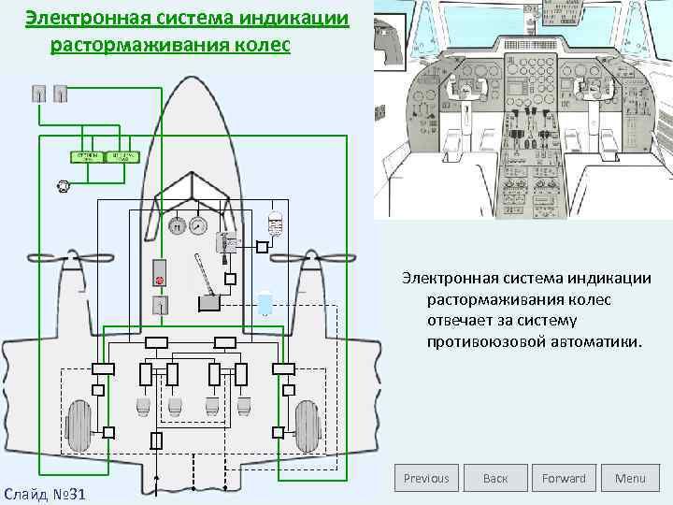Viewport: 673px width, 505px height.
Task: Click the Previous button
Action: coord(426,478)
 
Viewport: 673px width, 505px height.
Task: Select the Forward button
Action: coord(564,478)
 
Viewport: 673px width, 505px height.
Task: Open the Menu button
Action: coord(630,478)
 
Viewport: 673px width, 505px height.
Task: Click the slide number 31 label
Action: coord(44,492)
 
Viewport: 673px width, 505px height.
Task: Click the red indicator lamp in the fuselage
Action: coord(160,280)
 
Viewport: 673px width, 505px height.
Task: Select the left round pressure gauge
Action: coord(175,225)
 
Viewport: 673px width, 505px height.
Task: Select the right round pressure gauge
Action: coord(197,225)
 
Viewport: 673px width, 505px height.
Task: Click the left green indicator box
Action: coord(89,156)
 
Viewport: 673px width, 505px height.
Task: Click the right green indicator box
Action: coord(122,156)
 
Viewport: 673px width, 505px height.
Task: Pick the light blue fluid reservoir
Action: coord(266,301)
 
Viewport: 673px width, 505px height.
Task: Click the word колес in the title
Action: coord(262,46)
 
